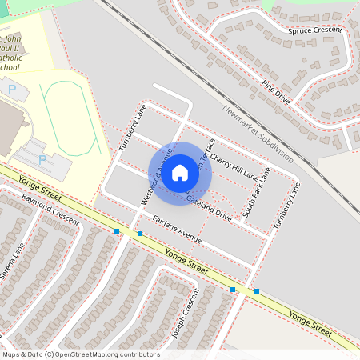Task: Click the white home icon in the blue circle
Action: coord(180,172)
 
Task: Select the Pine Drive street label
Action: coord(275,90)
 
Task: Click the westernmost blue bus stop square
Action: coord(117,231)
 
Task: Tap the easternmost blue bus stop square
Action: coord(257,291)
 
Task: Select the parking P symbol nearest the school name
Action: coord(12,91)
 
